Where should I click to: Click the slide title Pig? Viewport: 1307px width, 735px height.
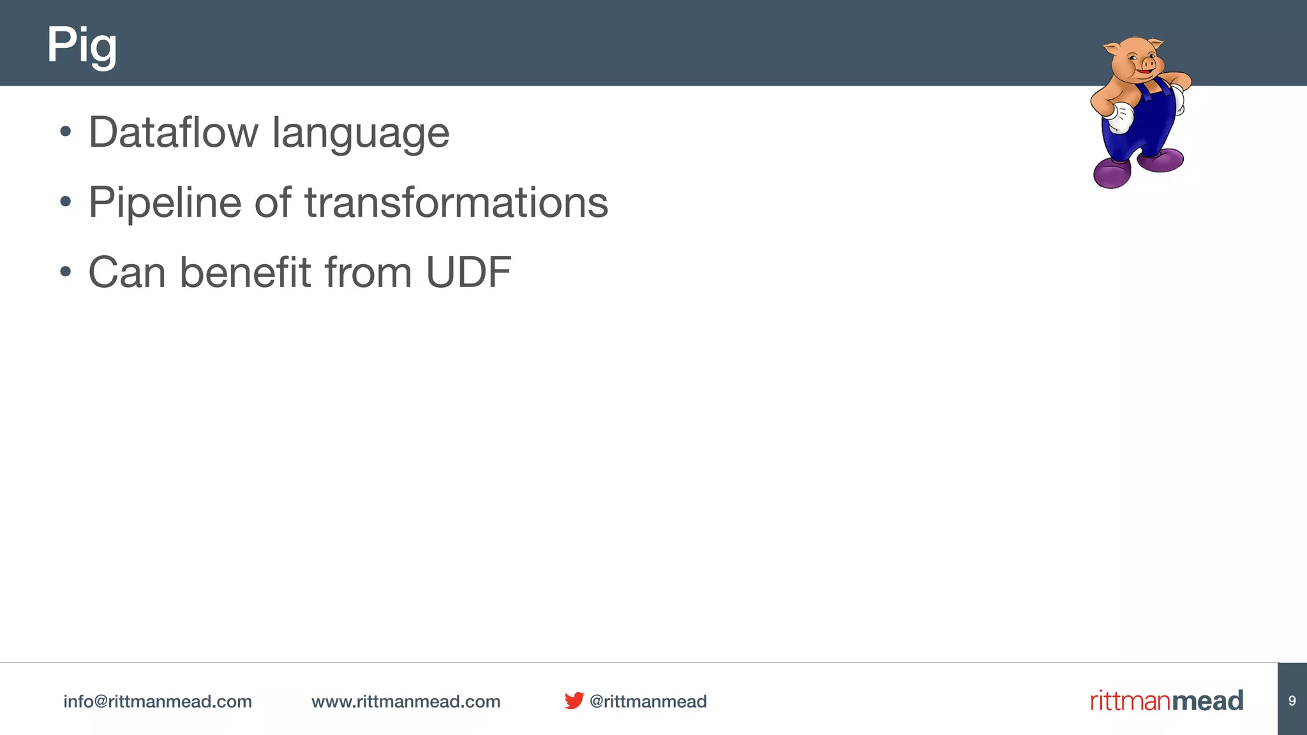[x=82, y=45]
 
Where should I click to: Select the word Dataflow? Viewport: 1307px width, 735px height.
[x=174, y=133]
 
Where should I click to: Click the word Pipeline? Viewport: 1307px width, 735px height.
[x=165, y=203]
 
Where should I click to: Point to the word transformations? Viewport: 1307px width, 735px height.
[x=456, y=203]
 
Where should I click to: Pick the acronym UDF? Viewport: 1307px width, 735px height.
[x=468, y=272]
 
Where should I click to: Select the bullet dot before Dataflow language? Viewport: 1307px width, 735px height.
[x=65, y=133]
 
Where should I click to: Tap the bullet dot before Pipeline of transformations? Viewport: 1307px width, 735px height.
[x=65, y=202]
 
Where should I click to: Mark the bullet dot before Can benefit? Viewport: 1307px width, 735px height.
[x=65, y=272]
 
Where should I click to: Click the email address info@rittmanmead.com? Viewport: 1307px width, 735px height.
[x=158, y=701]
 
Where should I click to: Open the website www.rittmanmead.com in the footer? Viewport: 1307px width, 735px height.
[x=406, y=701]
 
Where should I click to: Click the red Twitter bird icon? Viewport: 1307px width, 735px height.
[x=574, y=701]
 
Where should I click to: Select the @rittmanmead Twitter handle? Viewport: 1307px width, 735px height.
[x=648, y=701]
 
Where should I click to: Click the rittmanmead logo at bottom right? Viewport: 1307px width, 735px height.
[x=1167, y=701]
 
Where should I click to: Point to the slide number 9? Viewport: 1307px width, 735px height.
[x=1292, y=701]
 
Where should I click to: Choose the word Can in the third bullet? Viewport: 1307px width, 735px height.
[x=126, y=272]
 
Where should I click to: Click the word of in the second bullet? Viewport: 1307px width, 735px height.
[x=273, y=203]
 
